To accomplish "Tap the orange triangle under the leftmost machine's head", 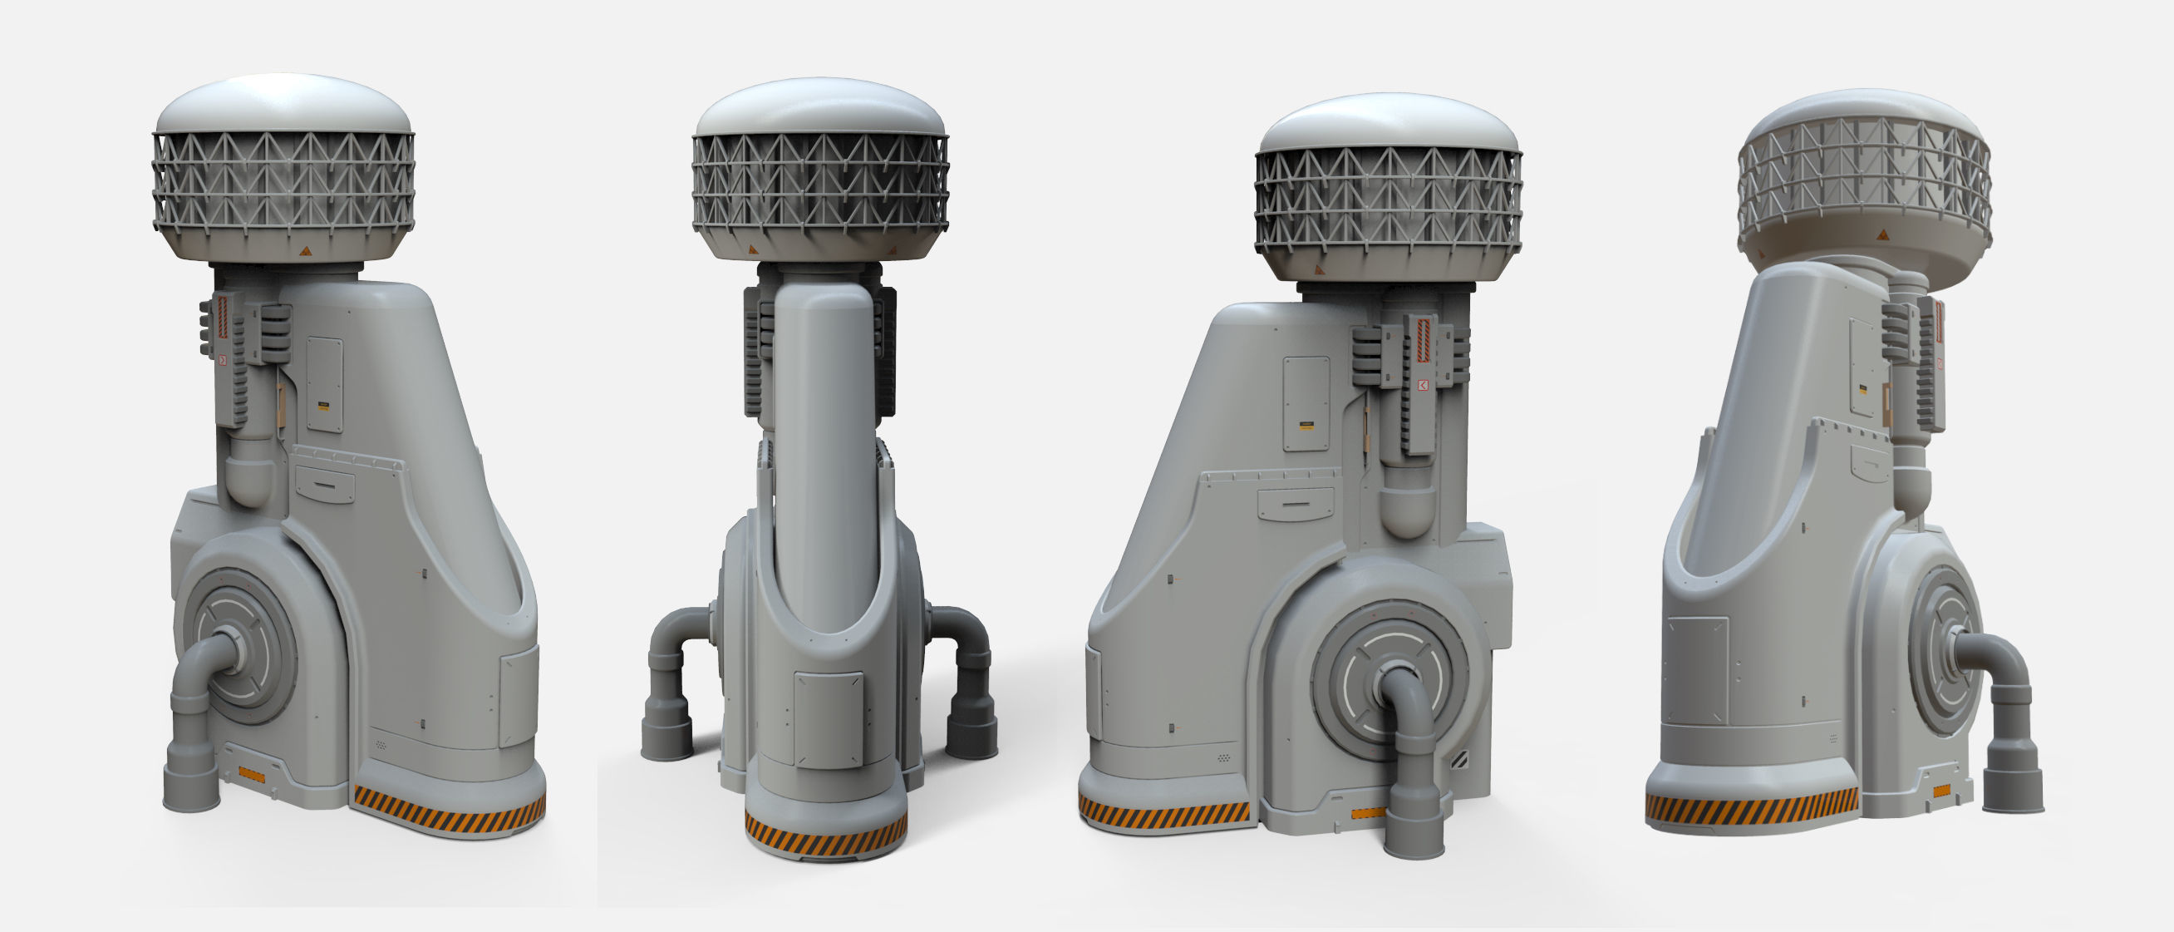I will (306, 251).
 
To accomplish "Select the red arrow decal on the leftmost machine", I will (223, 361).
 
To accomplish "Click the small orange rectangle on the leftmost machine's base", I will (252, 774).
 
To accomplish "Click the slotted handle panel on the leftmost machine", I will (324, 485).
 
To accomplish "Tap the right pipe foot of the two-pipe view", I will (971, 731).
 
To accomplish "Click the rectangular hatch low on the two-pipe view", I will (829, 718).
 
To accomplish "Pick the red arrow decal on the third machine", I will (1423, 386).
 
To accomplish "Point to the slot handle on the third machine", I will (1296, 503).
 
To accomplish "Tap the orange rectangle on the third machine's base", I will (1367, 814).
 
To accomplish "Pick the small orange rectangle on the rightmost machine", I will (1941, 791).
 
